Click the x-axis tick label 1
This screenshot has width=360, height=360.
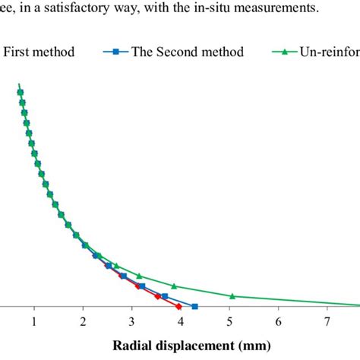click(x=34, y=321)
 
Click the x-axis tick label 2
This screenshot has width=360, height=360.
click(x=83, y=321)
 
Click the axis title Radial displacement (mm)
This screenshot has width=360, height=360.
click(x=187, y=346)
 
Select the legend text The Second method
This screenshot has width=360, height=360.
click(x=188, y=52)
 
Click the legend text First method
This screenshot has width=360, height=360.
click(x=39, y=52)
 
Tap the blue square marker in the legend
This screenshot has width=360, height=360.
click(x=115, y=52)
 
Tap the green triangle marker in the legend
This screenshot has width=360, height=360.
click(x=285, y=52)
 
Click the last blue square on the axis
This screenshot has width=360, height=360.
click(x=194, y=307)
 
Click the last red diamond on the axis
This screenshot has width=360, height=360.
click(x=178, y=307)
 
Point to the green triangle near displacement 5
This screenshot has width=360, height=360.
click(x=232, y=295)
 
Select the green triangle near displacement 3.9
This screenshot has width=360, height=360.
click(x=175, y=286)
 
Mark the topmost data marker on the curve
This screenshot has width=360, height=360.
click(x=20, y=93)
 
